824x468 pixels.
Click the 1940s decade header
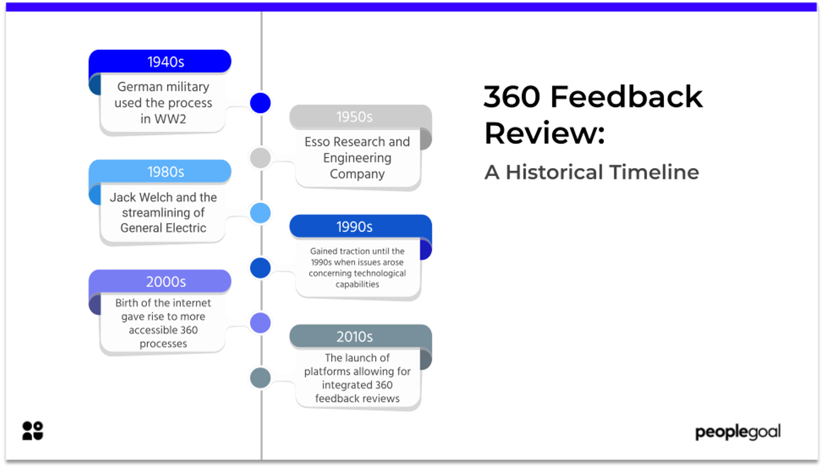pyautogui.click(x=165, y=62)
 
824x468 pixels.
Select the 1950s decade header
pyautogui.click(x=354, y=117)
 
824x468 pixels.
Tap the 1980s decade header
pyautogui.click(x=165, y=172)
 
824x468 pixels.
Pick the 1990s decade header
pyautogui.click(x=354, y=226)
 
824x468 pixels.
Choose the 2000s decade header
pyautogui.click(x=165, y=282)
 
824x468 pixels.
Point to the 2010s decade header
pyautogui.click(x=354, y=337)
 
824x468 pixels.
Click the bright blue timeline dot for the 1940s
pyautogui.click(x=260, y=103)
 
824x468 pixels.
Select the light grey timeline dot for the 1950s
pyautogui.click(x=260, y=158)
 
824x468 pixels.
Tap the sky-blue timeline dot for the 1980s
pyautogui.click(x=260, y=213)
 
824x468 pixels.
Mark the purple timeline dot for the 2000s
pyautogui.click(x=260, y=323)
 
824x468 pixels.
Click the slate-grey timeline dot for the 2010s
pyautogui.click(x=260, y=378)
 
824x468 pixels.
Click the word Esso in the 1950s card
pyautogui.click(x=317, y=142)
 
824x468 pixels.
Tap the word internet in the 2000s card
pyautogui.click(x=192, y=303)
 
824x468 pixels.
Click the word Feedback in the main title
pyautogui.click(x=626, y=97)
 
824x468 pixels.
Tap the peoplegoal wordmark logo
pyautogui.click(x=737, y=432)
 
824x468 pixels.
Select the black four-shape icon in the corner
pyautogui.click(x=32, y=431)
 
